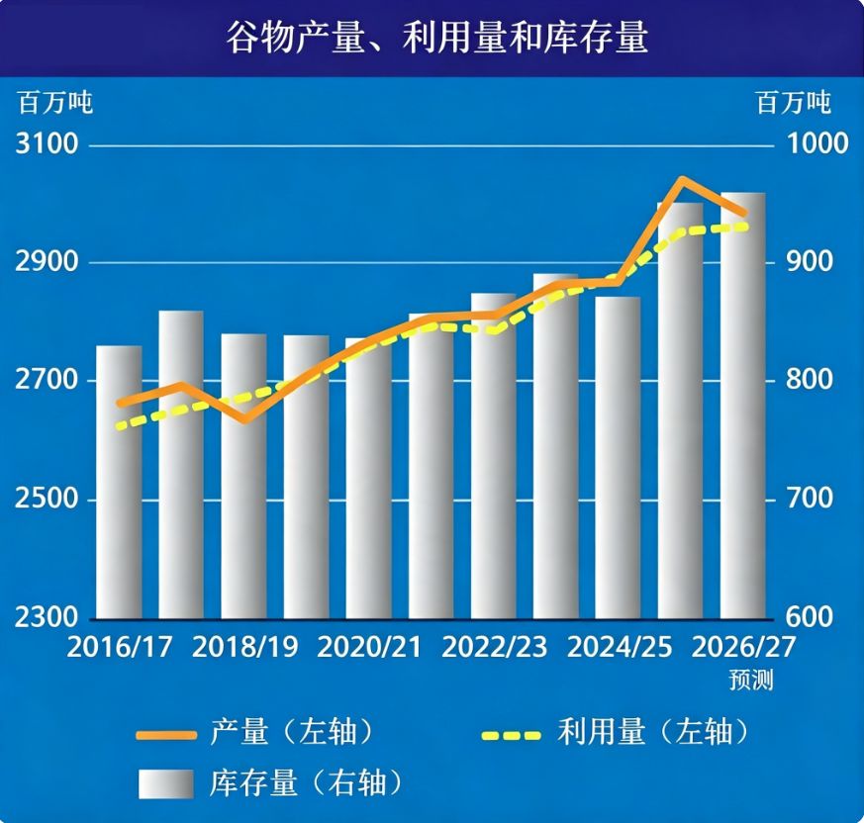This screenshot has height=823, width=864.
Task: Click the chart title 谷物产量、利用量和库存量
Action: point(437,38)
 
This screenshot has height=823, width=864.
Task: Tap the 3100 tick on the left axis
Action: point(47,143)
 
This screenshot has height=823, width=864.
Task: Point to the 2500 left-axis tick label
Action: point(47,499)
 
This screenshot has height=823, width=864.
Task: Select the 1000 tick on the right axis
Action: point(816,143)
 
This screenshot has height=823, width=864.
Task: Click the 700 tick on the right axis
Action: point(809,499)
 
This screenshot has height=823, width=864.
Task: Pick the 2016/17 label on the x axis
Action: point(119,647)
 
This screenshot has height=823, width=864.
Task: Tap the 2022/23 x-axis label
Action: point(494,647)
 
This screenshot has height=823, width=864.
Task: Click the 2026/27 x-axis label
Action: point(743,647)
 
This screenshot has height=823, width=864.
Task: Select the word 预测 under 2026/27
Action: point(751,680)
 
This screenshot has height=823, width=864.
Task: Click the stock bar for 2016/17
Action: point(119,482)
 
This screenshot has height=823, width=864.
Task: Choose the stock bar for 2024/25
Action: point(618,458)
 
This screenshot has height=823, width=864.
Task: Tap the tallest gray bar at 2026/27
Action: point(743,406)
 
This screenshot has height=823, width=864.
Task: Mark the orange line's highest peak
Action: point(682,180)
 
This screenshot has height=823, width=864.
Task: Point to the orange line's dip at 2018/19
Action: point(245,419)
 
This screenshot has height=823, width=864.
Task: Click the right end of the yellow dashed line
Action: point(746,227)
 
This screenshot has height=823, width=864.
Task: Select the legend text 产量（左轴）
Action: point(293,733)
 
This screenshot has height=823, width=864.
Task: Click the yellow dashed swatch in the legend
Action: point(512,735)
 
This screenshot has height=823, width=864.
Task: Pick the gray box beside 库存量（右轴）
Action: point(166,783)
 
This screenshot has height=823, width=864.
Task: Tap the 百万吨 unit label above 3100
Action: point(55,103)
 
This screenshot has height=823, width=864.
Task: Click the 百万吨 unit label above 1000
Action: point(794,103)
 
